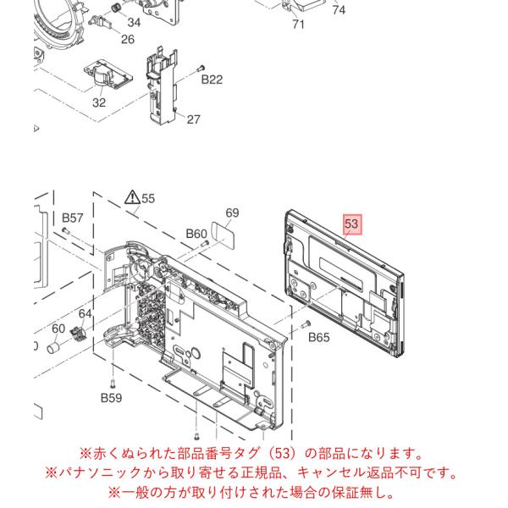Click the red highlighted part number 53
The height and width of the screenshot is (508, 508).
point(351,224)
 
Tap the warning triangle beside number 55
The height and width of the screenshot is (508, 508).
point(132,197)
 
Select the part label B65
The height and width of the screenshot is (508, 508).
point(319,338)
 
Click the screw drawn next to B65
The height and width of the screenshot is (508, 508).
point(305,323)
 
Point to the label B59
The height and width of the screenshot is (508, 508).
point(111,398)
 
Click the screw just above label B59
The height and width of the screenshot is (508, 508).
point(113,384)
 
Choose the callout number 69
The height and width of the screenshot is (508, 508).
point(232,213)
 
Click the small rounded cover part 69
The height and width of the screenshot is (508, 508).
point(223,235)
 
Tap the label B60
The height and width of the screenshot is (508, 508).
point(196,234)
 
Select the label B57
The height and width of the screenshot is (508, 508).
point(73,218)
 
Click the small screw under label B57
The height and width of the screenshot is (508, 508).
point(66,230)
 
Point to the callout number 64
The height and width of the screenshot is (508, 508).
point(85,313)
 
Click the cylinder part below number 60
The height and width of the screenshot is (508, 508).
point(53,347)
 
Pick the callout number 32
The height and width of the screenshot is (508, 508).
point(99,102)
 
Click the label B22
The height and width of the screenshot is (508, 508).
point(212,80)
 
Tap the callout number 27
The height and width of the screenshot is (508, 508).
point(193,119)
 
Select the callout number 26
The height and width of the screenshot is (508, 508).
point(128,40)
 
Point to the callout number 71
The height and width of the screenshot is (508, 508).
point(298,24)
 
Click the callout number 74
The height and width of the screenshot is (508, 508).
point(339,9)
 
